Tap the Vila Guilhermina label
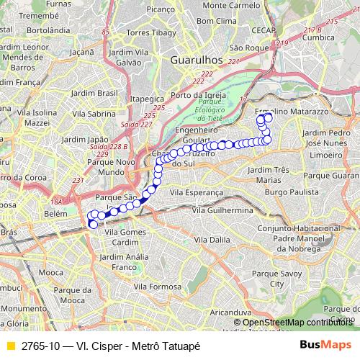222,209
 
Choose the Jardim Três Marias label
267,174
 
